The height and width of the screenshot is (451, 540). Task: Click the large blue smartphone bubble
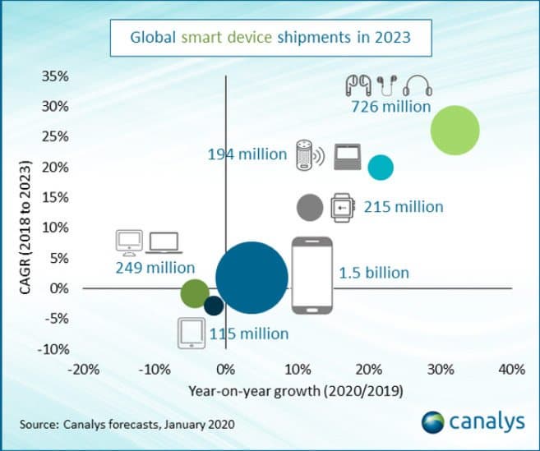tap(252, 278)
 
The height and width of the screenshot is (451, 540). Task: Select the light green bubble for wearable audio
tap(455, 130)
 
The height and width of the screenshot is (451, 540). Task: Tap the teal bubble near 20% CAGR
tap(381, 168)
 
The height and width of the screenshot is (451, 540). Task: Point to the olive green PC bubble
tap(195, 292)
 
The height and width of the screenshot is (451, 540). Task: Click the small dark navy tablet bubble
tap(214, 306)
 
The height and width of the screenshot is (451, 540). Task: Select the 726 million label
tap(391, 107)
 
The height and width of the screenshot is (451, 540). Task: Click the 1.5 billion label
tap(374, 273)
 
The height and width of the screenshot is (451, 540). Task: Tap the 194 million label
tap(247, 154)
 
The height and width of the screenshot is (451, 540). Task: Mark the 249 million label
tap(155, 268)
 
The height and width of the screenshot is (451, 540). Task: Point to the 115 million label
tap(249, 334)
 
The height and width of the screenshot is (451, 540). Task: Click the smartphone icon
tap(312, 276)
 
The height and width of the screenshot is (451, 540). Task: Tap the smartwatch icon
tap(341, 208)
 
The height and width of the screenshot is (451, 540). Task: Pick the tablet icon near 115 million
tap(190, 332)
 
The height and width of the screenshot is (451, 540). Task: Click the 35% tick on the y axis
tap(54, 76)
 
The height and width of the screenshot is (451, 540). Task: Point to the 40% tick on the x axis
tap(511, 370)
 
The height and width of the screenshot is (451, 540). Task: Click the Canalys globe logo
tap(433, 422)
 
